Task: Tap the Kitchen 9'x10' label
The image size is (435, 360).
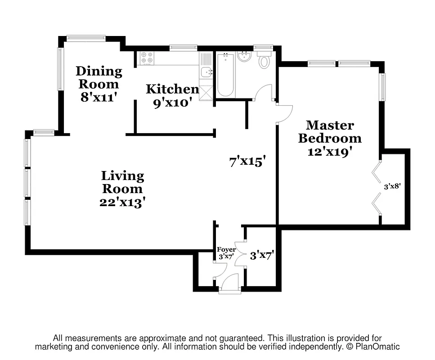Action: [172, 95]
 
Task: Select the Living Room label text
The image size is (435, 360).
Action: [122, 189]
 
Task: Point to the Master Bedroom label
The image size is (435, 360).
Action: [330, 138]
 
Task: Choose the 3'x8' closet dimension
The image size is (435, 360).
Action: [392, 186]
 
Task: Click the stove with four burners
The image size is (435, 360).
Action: [147, 58]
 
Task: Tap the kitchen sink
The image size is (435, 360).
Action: [206, 71]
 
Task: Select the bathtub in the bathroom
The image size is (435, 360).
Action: [225, 75]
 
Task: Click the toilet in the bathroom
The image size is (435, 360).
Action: [264, 61]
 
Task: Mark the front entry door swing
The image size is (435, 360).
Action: [230, 282]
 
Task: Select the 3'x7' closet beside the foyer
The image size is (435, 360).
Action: [262, 256]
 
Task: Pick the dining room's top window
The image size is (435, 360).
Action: [86, 38]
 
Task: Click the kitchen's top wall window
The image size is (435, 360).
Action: [184, 47]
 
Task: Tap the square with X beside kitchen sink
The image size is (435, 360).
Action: [206, 92]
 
